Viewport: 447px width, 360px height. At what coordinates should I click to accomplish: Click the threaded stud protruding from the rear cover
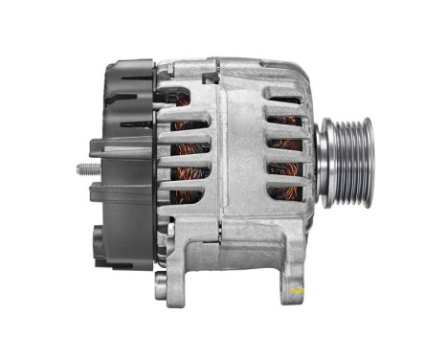coord(83,171)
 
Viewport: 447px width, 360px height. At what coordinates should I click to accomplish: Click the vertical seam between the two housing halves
coord(221,153)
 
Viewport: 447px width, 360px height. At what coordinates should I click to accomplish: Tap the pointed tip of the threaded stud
coord(77,171)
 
